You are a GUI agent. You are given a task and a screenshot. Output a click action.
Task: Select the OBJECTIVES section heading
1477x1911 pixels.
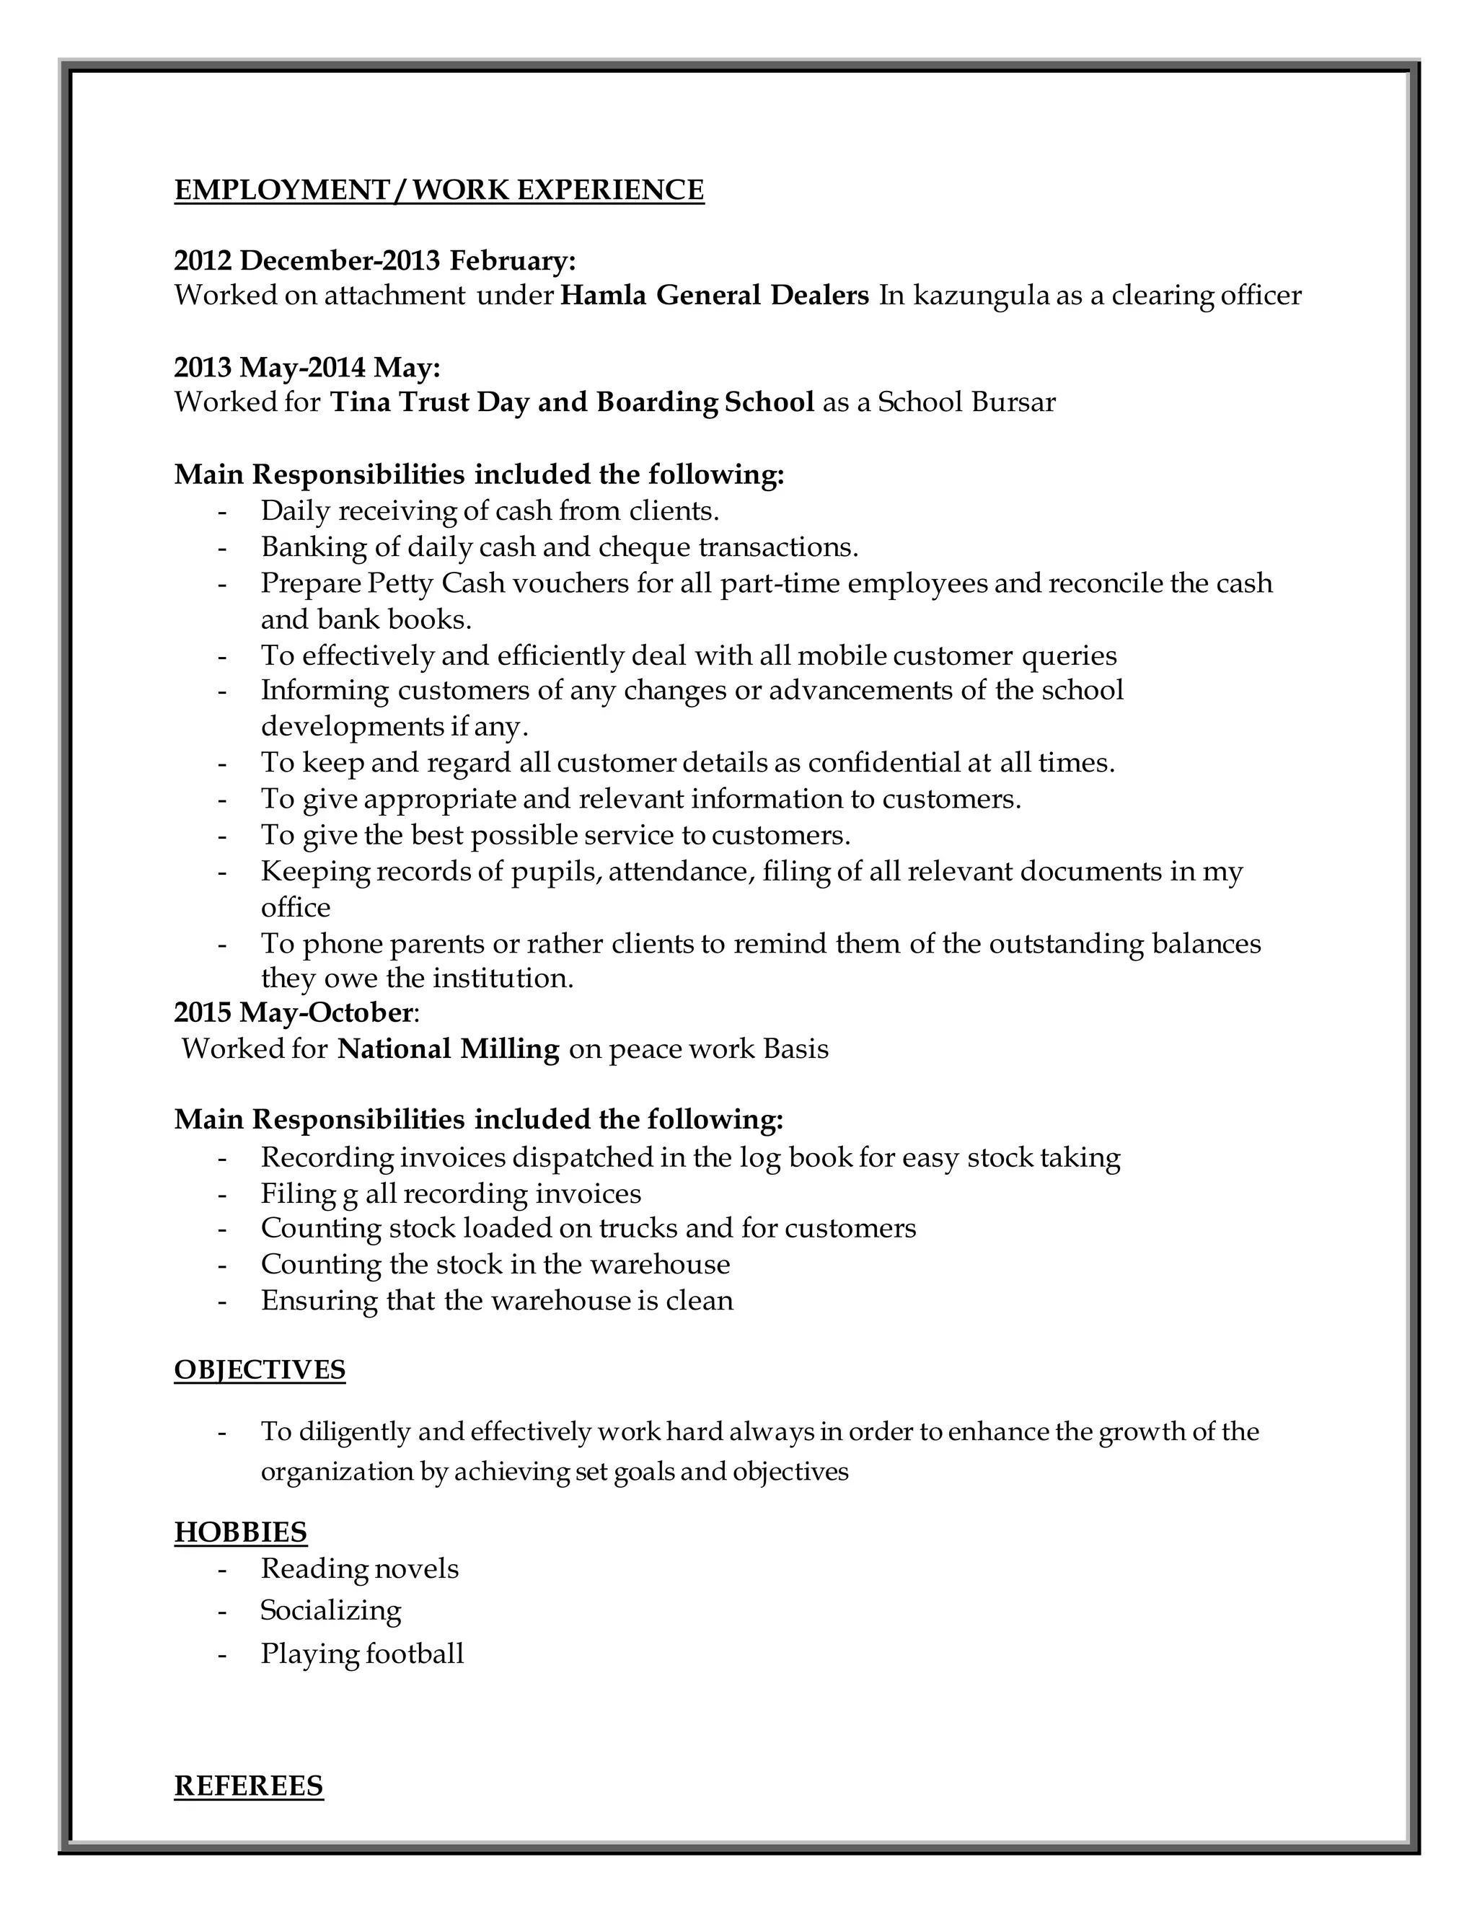[x=260, y=1369]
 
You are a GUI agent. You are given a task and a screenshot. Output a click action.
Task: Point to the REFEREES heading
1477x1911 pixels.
[x=249, y=1786]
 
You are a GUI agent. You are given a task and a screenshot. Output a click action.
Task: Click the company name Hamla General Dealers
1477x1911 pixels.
[x=714, y=296]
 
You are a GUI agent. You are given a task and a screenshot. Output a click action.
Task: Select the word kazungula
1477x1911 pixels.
[x=981, y=296]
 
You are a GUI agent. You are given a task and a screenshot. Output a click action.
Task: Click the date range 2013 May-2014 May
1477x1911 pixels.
[x=307, y=368]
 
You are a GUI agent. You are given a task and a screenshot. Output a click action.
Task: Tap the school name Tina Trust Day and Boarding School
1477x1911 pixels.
[x=572, y=402]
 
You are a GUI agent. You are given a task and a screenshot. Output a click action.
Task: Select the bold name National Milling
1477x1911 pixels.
[x=448, y=1049]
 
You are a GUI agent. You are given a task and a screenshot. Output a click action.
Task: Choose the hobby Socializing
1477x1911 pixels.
[x=331, y=1611]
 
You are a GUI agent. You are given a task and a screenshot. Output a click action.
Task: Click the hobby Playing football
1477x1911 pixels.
[x=361, y=1654]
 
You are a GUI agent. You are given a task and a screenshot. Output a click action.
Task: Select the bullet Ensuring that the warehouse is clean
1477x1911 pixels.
[x=496, y=1300]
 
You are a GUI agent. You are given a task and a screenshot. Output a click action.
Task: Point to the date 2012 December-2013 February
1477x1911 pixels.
[x=374, y=261]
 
